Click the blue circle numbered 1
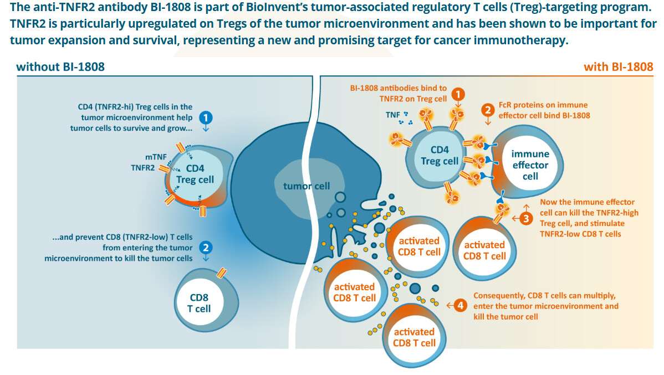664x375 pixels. [x=206, y=117]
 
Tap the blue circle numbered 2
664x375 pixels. [x=206, y=248]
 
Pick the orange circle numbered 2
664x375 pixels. [x=488, y=109]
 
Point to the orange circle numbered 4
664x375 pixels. [x=459, y=305]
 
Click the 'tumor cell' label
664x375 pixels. [x=306, y=186]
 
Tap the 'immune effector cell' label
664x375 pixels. [x=530, y=165]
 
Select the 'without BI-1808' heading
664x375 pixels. [x=60, y=67]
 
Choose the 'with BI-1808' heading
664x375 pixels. [x=618, y=67]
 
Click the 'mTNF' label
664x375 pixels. [x=141, y=157]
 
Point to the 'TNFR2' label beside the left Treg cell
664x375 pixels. [x=142, y=167]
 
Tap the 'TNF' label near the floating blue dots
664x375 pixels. [x=393, y=115]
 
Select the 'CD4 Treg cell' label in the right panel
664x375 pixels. [x=440, y=156]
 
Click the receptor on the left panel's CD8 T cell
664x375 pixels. [x=222, y=273]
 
